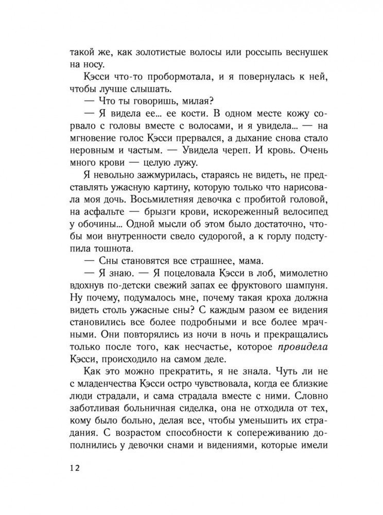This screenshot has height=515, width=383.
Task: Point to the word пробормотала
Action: point(147,77)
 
